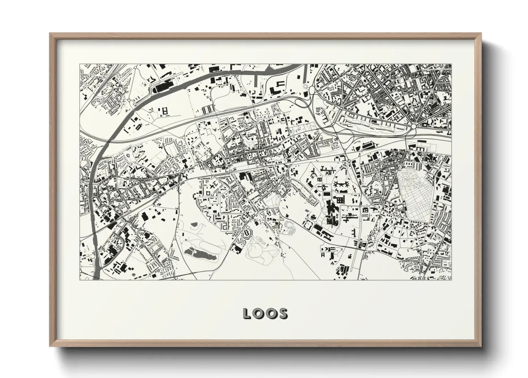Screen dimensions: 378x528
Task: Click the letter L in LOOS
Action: click(x=247, y=313)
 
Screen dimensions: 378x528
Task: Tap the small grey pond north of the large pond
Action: click(x=194, y=224)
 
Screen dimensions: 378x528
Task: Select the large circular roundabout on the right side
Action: click(x=413, y=126)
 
